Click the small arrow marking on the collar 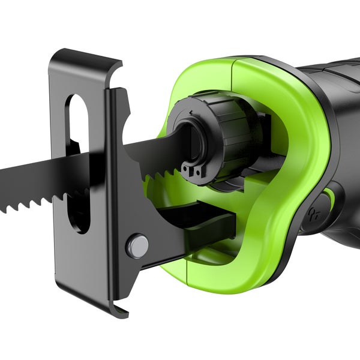point(191,112)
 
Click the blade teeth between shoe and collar point(159,175)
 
